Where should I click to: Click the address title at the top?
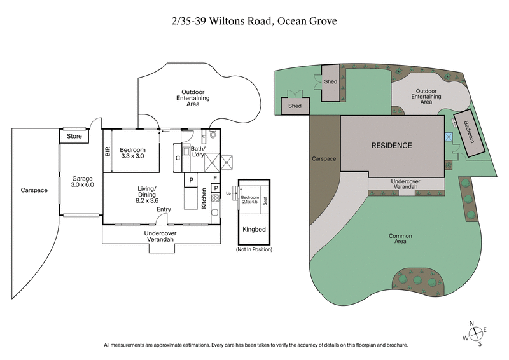click(254, 21)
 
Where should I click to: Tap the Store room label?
click(74, 135)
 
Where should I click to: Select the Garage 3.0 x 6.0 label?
click(82, 182)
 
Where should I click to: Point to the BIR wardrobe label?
click(108, 151)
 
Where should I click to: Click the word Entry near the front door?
click(164, 209)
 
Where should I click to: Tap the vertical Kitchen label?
click(204, 200)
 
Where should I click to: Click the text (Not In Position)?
click(253, 249)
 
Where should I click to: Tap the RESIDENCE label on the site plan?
click(391, 145)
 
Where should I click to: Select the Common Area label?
click(400, 239)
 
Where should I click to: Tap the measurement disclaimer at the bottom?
click(254, 345)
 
